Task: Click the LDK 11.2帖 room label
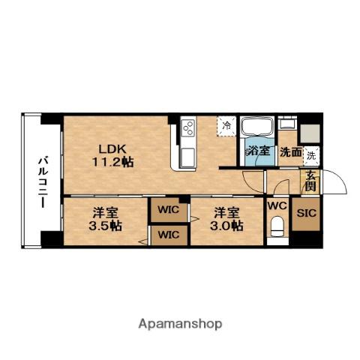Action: [112, 154]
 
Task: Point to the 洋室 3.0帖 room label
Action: [226, 218]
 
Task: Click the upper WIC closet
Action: [169, 210]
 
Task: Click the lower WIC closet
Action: [169, 235]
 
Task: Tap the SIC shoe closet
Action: [306, 213]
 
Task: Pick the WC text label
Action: [277, 205]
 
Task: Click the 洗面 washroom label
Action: [290, 151]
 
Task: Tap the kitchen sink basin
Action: [187, 157]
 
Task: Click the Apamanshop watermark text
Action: [179, 324]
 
